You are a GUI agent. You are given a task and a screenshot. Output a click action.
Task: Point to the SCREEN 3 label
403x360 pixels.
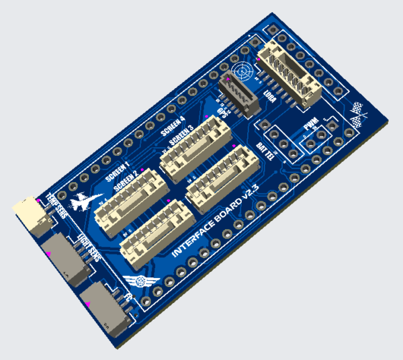point(181,136)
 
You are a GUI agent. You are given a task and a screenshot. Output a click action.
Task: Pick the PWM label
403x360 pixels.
point(311,125)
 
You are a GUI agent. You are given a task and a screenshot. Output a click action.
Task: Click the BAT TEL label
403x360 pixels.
point(267,151)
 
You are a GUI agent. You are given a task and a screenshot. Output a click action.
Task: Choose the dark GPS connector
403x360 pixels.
point(238,95)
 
